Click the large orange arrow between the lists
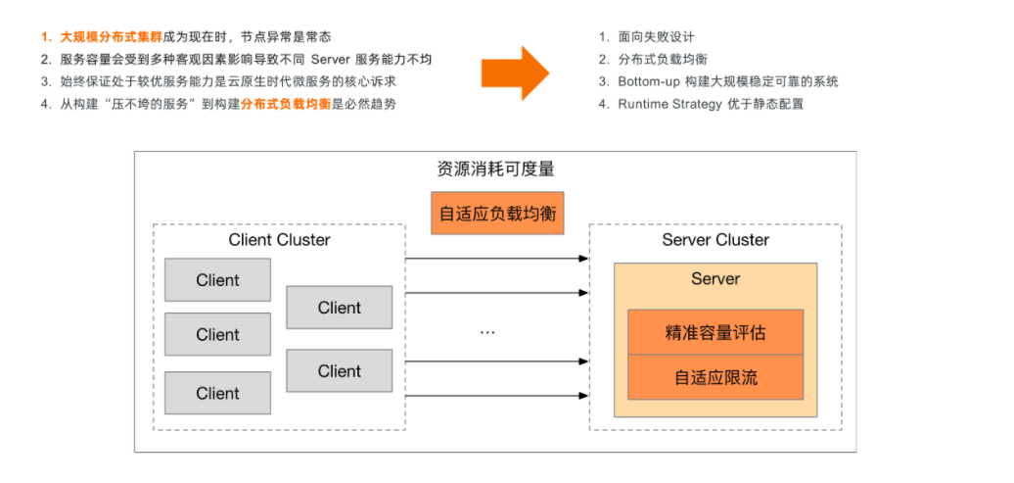click(x=515, y=73)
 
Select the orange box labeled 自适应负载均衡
click(x=497, y=213)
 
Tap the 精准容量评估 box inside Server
click(x=715, y=332)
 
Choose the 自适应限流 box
click(x=715, y=377)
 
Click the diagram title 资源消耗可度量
click(x=495, y=169)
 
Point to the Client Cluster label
click(x=279, y=240)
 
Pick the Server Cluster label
click(x=715, y=240)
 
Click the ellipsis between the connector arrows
click(x=487, y=333)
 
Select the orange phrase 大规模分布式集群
click(x=113, y=37)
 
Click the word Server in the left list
click(x=331, y=60)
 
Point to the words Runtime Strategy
click(x=669, y=104)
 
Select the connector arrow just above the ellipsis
click(x=496, y=293)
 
